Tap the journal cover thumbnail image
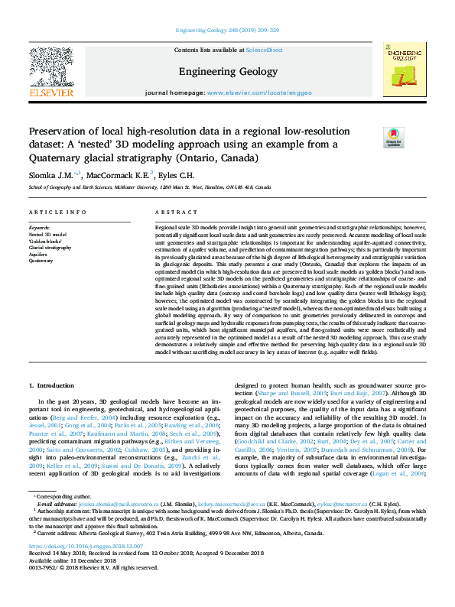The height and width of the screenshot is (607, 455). pyautogui.click(x=405, y=70)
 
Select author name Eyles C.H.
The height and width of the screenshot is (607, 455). pyautogui.click(x=177, y=174)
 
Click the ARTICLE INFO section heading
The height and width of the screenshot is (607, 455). pyautogui.click(x=57, y=211)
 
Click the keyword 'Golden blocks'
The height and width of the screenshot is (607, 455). pyautogui.click(x=46, y=241)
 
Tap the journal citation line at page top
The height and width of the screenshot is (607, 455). pyautogui.click(x=227, y=31)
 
